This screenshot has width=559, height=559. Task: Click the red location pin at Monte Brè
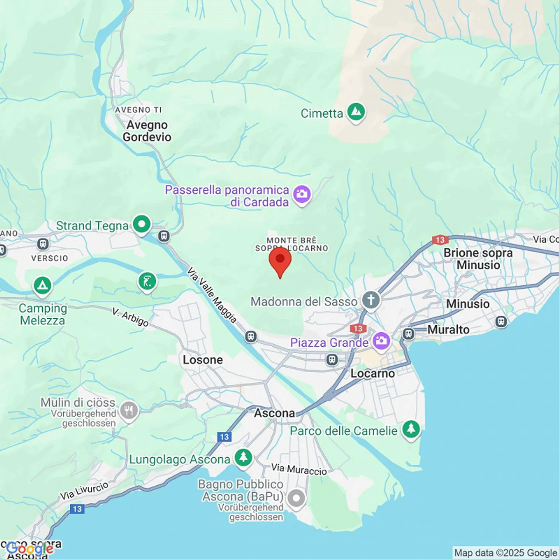(280, 260)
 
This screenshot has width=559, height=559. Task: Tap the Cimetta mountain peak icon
(356, 112)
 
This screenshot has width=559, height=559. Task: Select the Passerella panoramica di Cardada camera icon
(302, 194)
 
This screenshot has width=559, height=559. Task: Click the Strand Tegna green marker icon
(142, 224)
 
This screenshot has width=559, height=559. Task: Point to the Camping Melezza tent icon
(42, 286)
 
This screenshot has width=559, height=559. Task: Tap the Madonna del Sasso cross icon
(371, 300)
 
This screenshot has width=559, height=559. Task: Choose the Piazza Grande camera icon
(381, 341)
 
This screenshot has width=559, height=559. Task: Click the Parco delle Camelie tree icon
(411, 430)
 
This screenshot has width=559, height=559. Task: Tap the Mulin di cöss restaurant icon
(129, 410)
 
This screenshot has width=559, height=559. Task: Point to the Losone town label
(203, 360)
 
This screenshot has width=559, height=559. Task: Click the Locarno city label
(372, 373)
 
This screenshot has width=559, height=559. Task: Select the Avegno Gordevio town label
(147, 131)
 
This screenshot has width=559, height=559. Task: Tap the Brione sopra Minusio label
(478, 259)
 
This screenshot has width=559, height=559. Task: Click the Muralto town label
(448, 330)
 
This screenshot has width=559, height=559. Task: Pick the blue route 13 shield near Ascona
(224, 437)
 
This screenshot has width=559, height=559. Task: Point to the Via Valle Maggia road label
(212, 295)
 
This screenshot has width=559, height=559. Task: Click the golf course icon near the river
(147, 281)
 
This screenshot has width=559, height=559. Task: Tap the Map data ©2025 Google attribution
(505, 553)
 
